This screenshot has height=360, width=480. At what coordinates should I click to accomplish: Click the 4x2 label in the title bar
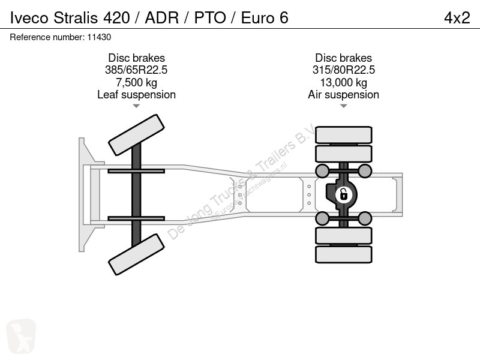click(457, 18)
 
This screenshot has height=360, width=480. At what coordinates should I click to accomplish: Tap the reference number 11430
click(99, 37)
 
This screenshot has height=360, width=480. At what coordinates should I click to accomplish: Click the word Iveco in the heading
click(29, 18)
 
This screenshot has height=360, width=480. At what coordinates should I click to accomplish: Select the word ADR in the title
click(162, 18)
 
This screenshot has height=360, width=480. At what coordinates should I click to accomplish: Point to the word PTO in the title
click(210, 18)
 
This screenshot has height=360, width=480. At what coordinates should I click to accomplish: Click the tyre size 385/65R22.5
click(136, 70)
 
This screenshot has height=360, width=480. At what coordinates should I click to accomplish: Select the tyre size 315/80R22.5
click(343, 70)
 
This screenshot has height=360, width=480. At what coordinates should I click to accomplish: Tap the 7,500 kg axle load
click(136, 82)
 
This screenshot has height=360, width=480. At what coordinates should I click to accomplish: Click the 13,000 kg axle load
click(343, 82)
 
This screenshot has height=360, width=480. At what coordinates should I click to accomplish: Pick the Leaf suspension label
click(136, 95)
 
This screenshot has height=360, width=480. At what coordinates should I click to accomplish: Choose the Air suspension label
click(343, 95)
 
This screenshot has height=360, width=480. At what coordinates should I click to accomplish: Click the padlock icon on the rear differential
click(343, 194)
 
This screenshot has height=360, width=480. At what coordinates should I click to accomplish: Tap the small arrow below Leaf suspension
click(136, 106)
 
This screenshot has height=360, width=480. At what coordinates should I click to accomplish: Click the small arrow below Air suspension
click(343, 106)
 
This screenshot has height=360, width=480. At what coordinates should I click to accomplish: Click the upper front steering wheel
click(137, 135)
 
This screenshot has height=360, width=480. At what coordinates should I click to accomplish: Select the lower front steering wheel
click(137, 254)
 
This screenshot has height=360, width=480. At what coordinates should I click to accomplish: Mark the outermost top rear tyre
click(343, 134)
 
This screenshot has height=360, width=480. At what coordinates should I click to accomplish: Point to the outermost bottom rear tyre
click(343, 254)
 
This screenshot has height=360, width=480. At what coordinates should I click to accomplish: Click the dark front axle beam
click(136, 194)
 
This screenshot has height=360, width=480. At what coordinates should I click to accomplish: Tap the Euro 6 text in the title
click(265, 18)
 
